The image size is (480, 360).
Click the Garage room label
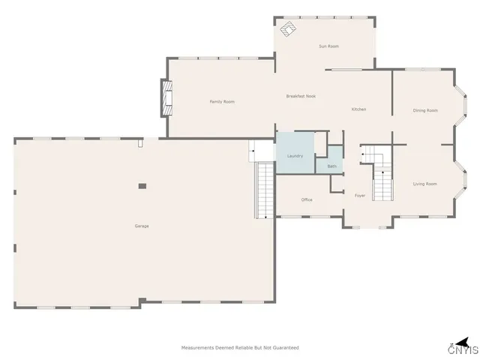pyautogui.click(x=141, y=226)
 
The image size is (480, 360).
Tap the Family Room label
pyautogui.click(x=222, y=101)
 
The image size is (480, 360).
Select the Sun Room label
pyautogui.click(x=328, y=46)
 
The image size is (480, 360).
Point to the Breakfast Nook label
pyautogui.click(x=301, y=96)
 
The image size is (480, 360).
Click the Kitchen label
pyautogui.click(x=358, y=109)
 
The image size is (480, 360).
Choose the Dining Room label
pyautogui.click(x=424, y=111)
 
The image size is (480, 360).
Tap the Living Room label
pyautogui.click(x=424, y=184)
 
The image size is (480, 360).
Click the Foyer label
pyautogui.click(x=359, y=196)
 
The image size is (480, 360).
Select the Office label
pyautogui.click(x=306, y=199)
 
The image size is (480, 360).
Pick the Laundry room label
pyautogui.click(x=295, y=155)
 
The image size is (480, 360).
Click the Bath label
pyautogui.click(x=331, y=166)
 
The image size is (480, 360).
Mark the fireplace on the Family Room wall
pyautogui.click(x=167, y=98)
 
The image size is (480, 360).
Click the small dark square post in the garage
pyautogui.click(x=142, y=185)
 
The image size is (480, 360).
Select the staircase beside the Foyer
pyautogui.click(x=382, y=180)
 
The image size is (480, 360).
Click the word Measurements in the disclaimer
pyautogui.click(x=198, y=348)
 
